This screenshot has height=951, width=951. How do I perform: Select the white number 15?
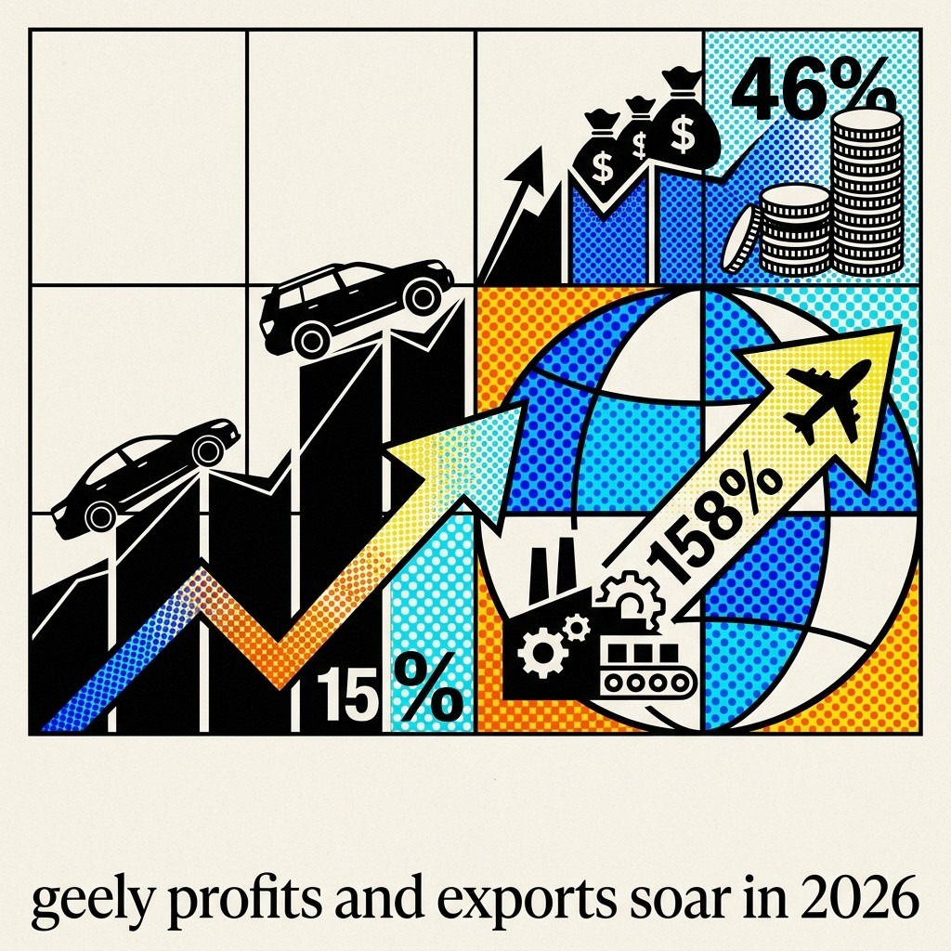tap(344, 694)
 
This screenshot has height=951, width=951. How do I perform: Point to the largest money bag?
tap(684, 122)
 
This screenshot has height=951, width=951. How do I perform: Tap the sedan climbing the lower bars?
tap(146, 476)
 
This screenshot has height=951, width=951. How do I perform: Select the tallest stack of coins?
tap(867, 193)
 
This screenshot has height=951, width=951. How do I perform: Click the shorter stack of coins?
tap(795, 229)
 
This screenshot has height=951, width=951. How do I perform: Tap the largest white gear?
tap(542, 653)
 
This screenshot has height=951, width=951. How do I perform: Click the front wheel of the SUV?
tap(423, 296)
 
